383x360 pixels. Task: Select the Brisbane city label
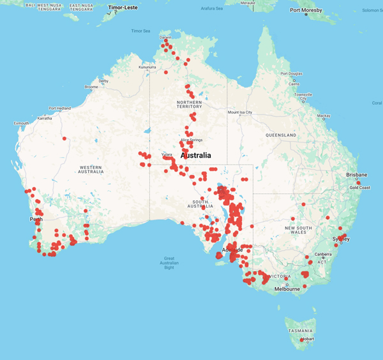pos(357,175)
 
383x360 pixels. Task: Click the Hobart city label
pos(309,339)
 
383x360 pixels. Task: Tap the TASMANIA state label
pos(299,331)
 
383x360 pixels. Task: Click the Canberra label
pos(322,254)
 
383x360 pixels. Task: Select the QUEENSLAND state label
pos(281,135)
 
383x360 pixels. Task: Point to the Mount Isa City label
pos(240,112)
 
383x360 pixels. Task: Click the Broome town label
pos(91,87)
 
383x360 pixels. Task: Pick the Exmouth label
pos(22,123)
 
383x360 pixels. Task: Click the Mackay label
pos(324,116)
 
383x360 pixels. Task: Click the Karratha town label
pos(45,118)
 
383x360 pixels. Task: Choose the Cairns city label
pos(294,84)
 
